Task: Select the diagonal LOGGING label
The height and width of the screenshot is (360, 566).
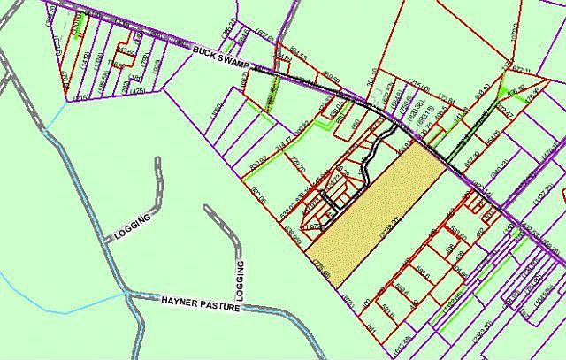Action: pos(134,226)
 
